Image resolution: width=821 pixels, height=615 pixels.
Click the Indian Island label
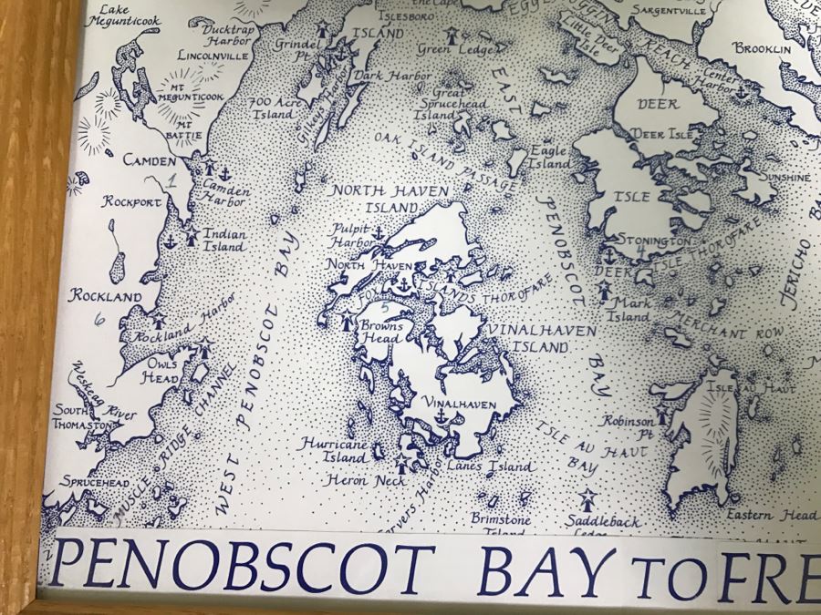[x=223, y=240]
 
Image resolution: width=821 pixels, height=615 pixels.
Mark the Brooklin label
[x=762, y=48]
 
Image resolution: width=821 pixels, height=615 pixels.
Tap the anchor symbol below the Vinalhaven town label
[x=442, y=416]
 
